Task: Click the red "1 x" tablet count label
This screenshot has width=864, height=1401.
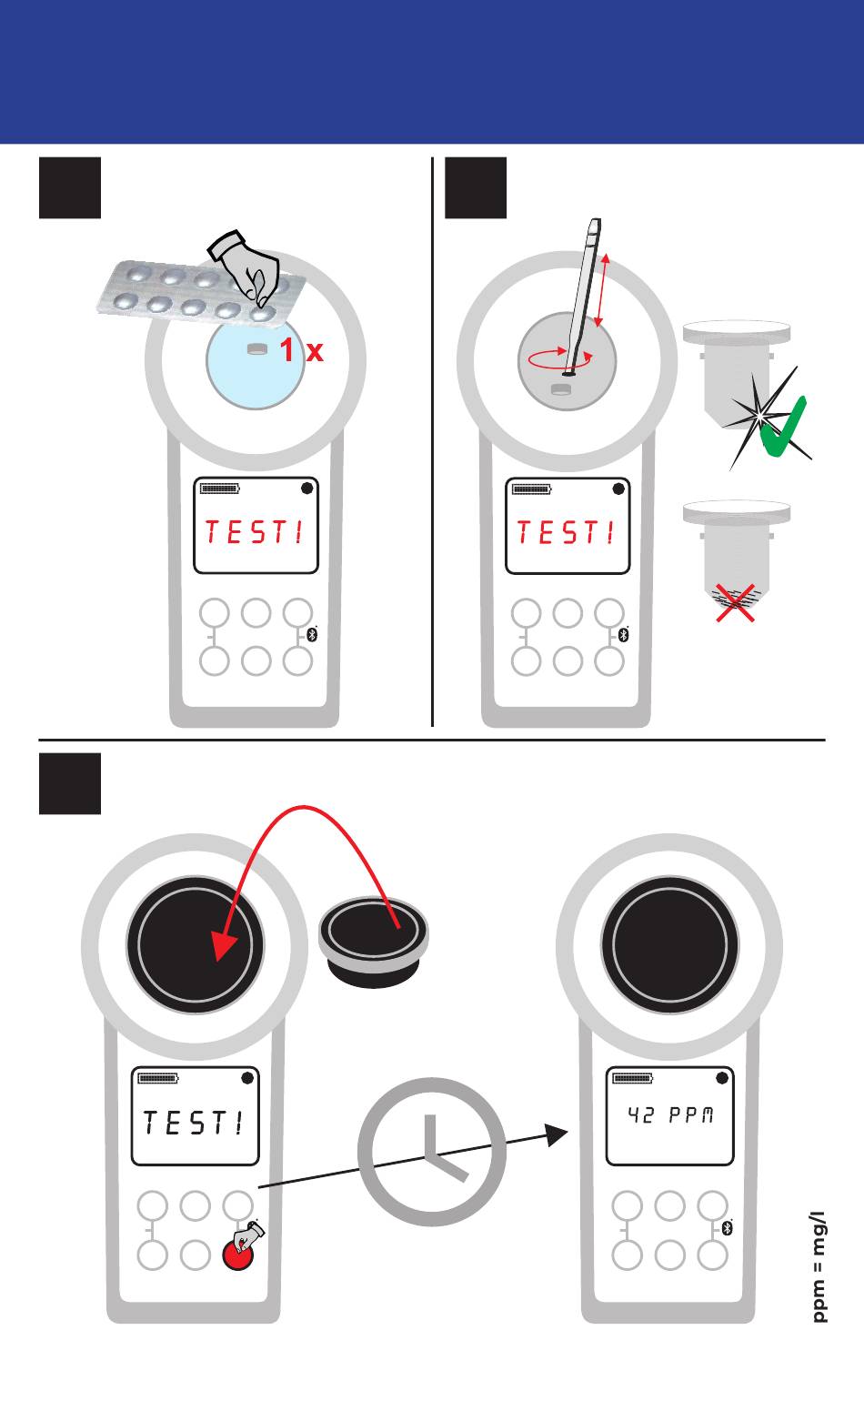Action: click(302, 349)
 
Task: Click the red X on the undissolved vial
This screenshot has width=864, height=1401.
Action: click(735, 603)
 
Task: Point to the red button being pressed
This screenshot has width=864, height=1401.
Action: click(238, 1254)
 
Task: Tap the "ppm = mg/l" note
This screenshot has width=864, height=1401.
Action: click(819, 1266)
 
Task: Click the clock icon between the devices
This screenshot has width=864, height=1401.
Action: click(431, 1152)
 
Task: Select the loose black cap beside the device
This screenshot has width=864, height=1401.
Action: click(373, 942)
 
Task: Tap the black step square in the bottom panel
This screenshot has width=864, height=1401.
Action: click(70, 783)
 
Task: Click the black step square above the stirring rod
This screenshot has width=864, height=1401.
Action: click(476, 187)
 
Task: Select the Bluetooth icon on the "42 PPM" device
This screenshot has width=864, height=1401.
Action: click(727, 1227)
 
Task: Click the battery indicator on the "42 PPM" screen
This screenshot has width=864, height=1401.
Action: click(633, 1078)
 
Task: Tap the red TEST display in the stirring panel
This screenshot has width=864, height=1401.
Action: click(567, 532)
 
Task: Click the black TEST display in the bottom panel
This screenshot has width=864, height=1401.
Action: click(193, 1123)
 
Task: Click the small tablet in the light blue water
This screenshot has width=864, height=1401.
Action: click(257, 348)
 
